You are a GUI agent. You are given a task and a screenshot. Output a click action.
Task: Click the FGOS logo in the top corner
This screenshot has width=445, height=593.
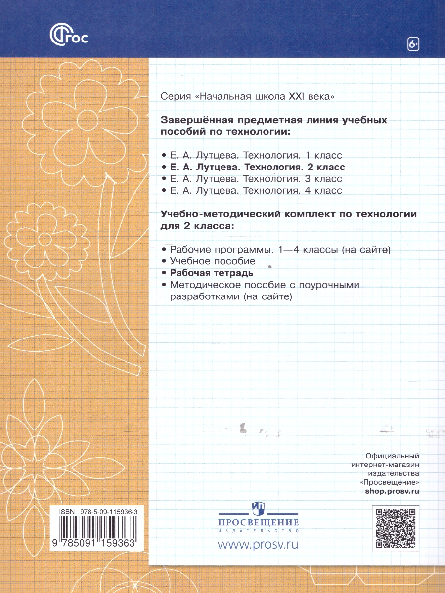[x=69, y=36]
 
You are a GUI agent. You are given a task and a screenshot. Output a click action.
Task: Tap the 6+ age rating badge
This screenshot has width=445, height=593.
[x=413, y=44]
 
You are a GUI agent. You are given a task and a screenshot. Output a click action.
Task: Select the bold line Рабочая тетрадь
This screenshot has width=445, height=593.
[x=212, y=273]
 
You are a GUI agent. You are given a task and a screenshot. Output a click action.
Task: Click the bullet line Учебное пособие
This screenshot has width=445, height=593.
[x=212, y=261]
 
